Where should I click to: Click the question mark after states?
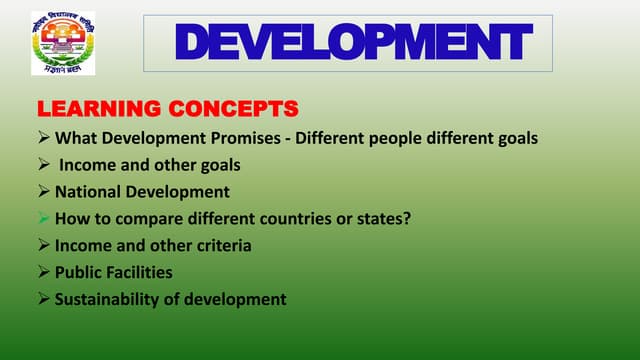(407, 219)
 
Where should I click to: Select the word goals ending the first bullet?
(516, 138)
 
